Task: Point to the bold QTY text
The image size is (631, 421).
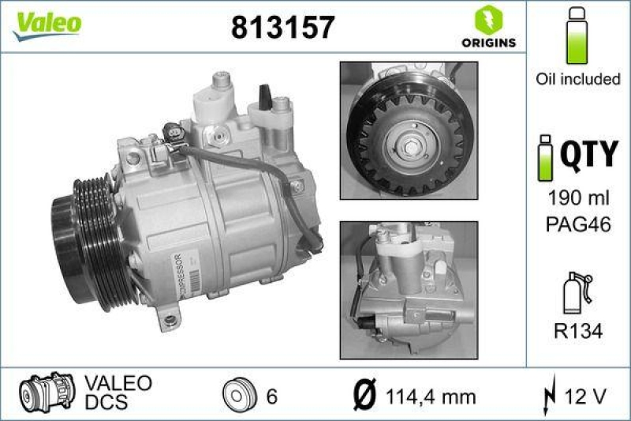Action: click(x=588, y=153)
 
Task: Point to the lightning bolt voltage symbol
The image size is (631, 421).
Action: click(x=551, y=395)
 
